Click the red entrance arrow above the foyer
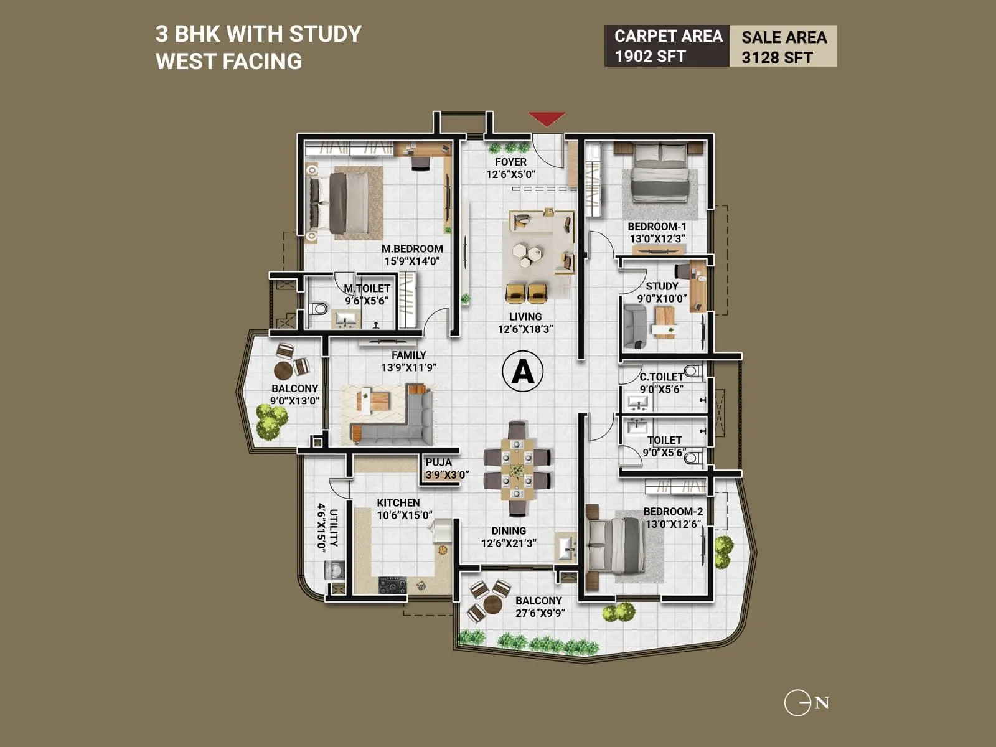click(547, 118)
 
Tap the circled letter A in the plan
click(522, 372)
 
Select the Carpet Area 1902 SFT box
click(667, 46)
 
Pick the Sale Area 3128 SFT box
click(783, 47)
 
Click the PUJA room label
click(439, 463)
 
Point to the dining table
click(517, 469)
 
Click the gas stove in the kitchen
click(392, 585)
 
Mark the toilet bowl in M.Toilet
click(319, 308)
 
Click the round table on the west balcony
click(283, 370)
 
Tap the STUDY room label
click(662, 286)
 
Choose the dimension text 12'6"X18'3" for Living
click(525, 329)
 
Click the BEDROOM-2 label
click(673, 512)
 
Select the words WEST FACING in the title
click(228, 62)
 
